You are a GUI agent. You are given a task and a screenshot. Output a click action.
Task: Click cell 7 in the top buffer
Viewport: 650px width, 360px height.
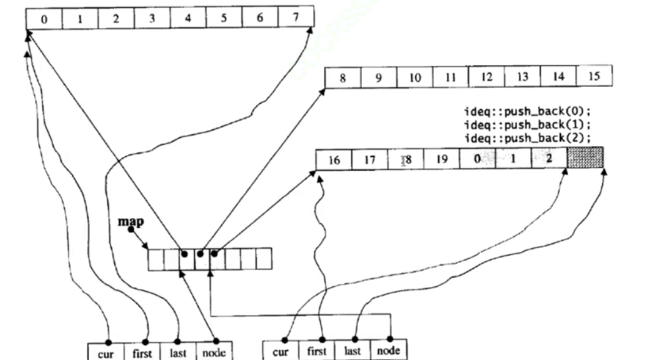[x=296, y=18]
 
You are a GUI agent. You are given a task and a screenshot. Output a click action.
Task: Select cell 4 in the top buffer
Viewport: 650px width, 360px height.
[x=188, y=18]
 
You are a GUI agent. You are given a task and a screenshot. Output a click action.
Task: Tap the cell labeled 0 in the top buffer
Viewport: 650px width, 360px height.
[x=44, y=19]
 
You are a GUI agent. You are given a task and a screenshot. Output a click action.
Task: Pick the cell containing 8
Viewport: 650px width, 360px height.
[x=343, y=78]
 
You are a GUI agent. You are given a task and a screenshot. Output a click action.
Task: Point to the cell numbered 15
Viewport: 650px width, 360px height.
[x=594, y=76]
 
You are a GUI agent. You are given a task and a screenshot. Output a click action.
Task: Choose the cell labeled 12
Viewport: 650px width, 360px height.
[x=486, y=77]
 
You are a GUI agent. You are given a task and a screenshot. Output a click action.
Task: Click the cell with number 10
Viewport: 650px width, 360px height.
[x=415, y=78]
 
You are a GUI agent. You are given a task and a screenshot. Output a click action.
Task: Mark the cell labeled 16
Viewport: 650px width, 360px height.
[x=334, y=160]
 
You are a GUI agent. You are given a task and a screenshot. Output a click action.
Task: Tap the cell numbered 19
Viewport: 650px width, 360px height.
[x=442, y=159]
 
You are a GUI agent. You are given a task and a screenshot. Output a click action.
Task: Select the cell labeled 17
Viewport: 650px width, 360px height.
[x=370, y=160]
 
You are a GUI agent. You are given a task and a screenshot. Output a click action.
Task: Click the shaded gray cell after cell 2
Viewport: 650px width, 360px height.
[x=585, y=158]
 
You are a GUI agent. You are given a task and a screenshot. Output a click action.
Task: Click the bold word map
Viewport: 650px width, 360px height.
[x=131, y=221]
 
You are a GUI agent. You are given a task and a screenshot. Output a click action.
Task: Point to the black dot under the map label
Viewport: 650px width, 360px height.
[x=131, y=229]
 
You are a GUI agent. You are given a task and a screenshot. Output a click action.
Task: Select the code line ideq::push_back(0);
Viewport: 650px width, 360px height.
[x=530, y=111]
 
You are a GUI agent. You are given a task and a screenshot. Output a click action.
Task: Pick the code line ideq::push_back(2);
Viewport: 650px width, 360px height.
[x=530, y=138]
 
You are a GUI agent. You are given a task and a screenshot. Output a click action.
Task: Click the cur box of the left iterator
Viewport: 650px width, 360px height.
[x=106, y=352]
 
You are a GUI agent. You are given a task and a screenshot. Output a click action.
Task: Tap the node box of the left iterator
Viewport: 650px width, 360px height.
[x=214, y=352]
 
